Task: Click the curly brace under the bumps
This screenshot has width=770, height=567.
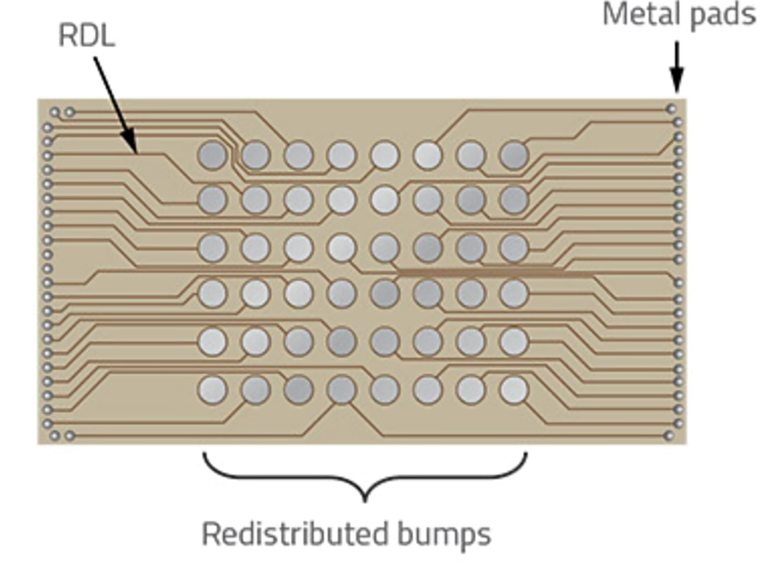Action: [x=364, y=475]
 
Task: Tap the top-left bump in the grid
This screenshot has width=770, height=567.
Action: [x=212, y=155]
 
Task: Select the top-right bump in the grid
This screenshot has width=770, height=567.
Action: [x=514, y=155]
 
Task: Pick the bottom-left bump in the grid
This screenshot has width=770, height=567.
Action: [x=212, y=390]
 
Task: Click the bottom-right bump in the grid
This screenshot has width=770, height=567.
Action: [x=514, y=390]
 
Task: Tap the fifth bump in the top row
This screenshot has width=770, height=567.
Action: [x=384, y=155]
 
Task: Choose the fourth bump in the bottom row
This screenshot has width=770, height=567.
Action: [x=342, y=390]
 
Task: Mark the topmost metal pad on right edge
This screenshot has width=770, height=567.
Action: [x=671, y=108]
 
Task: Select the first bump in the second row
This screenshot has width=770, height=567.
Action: [x=212, y=199]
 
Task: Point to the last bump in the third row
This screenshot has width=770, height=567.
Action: [x=514, y=247]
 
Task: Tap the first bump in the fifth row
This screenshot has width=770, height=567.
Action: [x=212, y=341]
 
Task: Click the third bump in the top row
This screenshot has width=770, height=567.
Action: [x=298, y=155]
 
